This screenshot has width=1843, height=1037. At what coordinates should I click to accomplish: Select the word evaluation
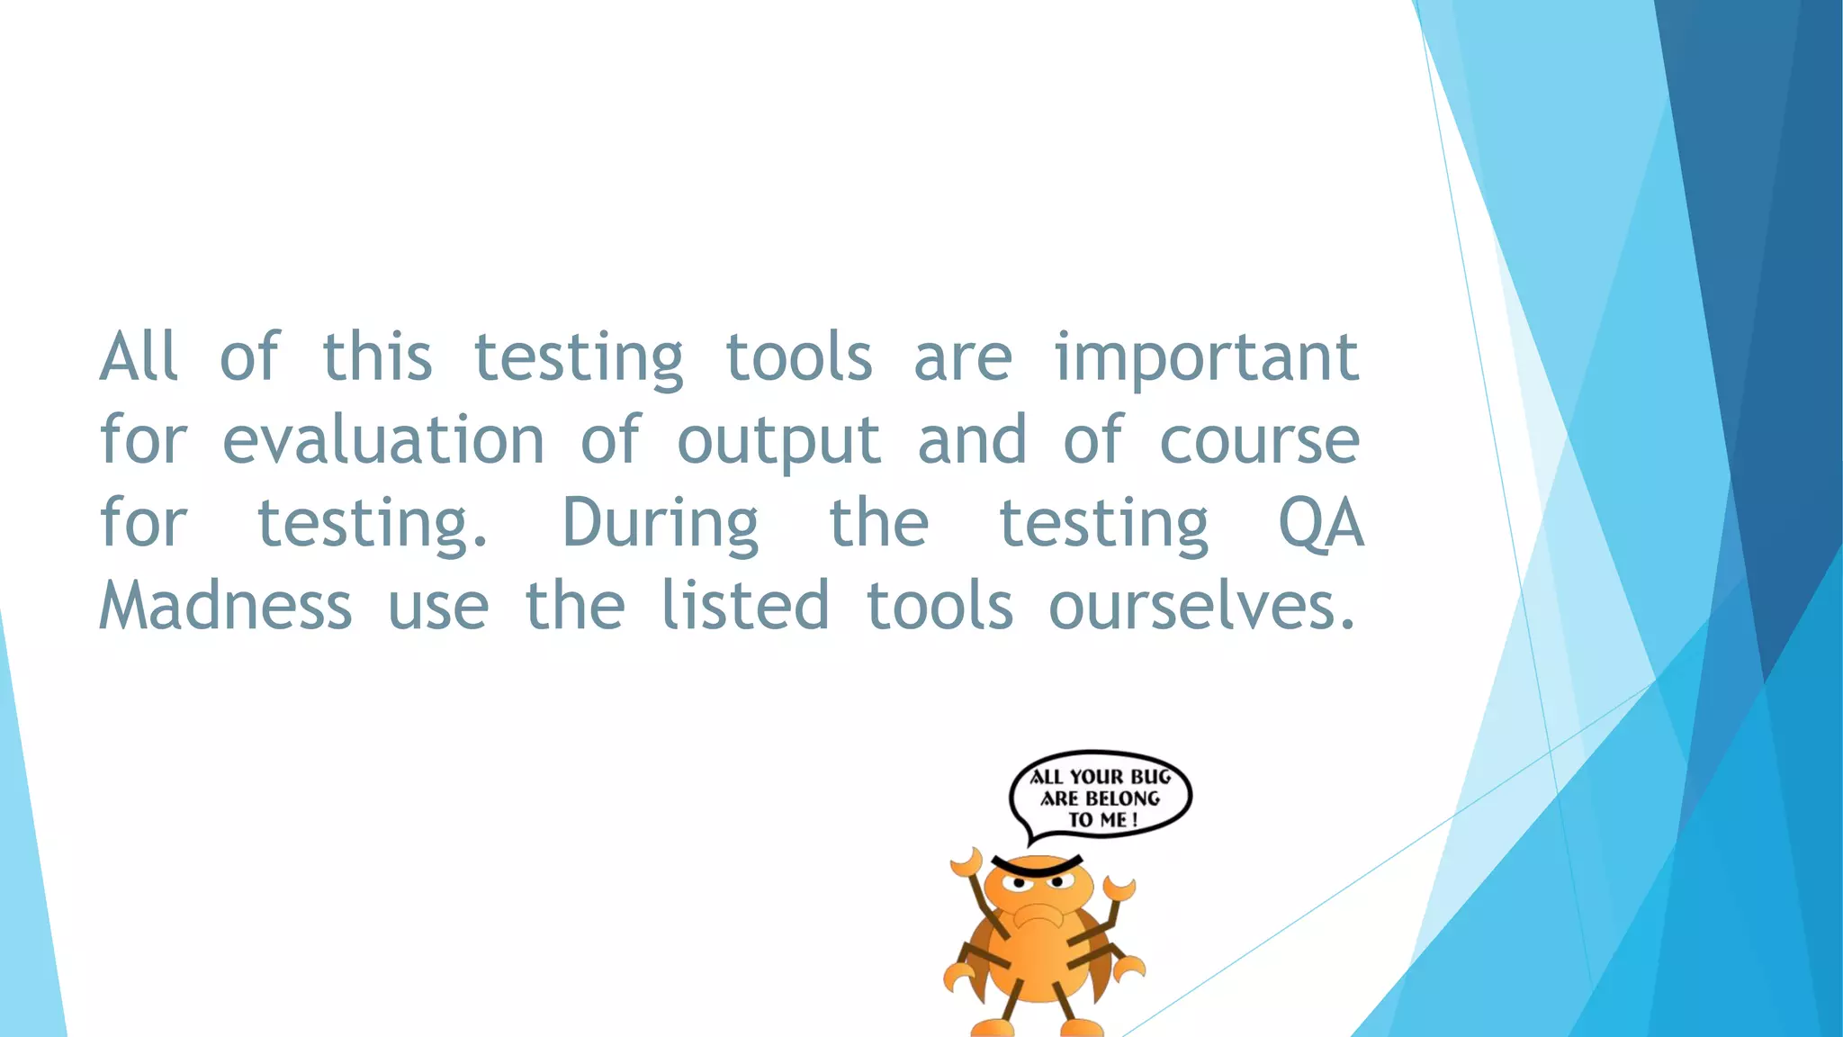[383, 441]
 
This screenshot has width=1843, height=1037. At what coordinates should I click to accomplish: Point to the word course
[1259, 441]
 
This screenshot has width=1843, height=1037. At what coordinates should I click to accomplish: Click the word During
[661, 525]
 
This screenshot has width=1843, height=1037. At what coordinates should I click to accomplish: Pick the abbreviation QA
[1321, 523]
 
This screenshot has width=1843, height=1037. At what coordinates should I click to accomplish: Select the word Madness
[226, 606]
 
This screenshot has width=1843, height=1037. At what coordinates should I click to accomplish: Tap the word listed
[745, 606]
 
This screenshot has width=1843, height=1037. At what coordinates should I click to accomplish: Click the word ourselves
[1201, 606]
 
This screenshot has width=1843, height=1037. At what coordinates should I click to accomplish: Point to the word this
[377, 358]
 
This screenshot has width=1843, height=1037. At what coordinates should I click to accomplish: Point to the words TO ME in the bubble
[1098, 820]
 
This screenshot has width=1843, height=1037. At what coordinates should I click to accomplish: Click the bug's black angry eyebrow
[1037, 867]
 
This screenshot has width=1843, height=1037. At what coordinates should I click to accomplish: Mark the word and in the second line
[972, 441]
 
